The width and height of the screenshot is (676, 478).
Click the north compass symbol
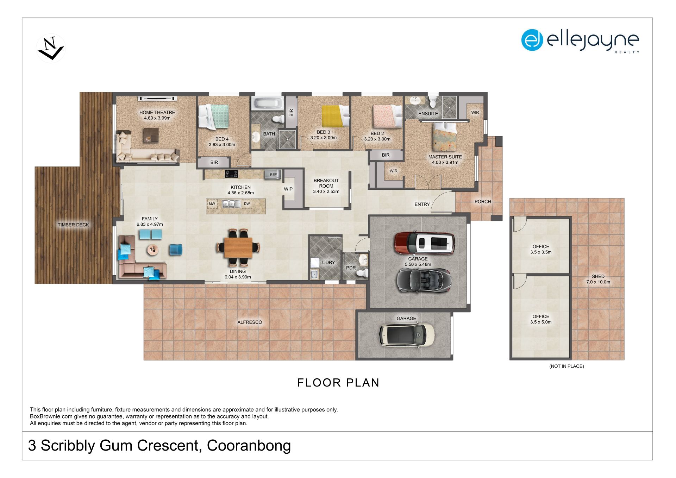51,48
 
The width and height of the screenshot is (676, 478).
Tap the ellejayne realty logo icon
532,40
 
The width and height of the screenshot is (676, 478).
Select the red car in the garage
425,243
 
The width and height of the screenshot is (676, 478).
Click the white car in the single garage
407,334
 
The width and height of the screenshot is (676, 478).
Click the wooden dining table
238,247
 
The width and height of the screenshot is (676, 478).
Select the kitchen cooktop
231,174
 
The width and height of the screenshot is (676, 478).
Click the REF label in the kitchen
273,175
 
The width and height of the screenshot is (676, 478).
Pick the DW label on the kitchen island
247,204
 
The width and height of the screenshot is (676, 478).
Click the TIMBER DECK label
73,225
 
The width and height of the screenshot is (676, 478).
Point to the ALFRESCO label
250,322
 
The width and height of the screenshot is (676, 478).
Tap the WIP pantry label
288,189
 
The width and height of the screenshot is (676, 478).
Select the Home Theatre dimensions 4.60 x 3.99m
157,118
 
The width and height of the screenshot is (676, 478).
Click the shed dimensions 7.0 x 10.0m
598,282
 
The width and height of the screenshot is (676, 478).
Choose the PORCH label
483,202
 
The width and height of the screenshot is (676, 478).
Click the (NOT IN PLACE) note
567,366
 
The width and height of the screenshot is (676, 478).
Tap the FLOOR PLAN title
338,383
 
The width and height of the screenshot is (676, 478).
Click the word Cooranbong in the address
249,446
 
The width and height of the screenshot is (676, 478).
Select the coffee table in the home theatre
151,135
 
